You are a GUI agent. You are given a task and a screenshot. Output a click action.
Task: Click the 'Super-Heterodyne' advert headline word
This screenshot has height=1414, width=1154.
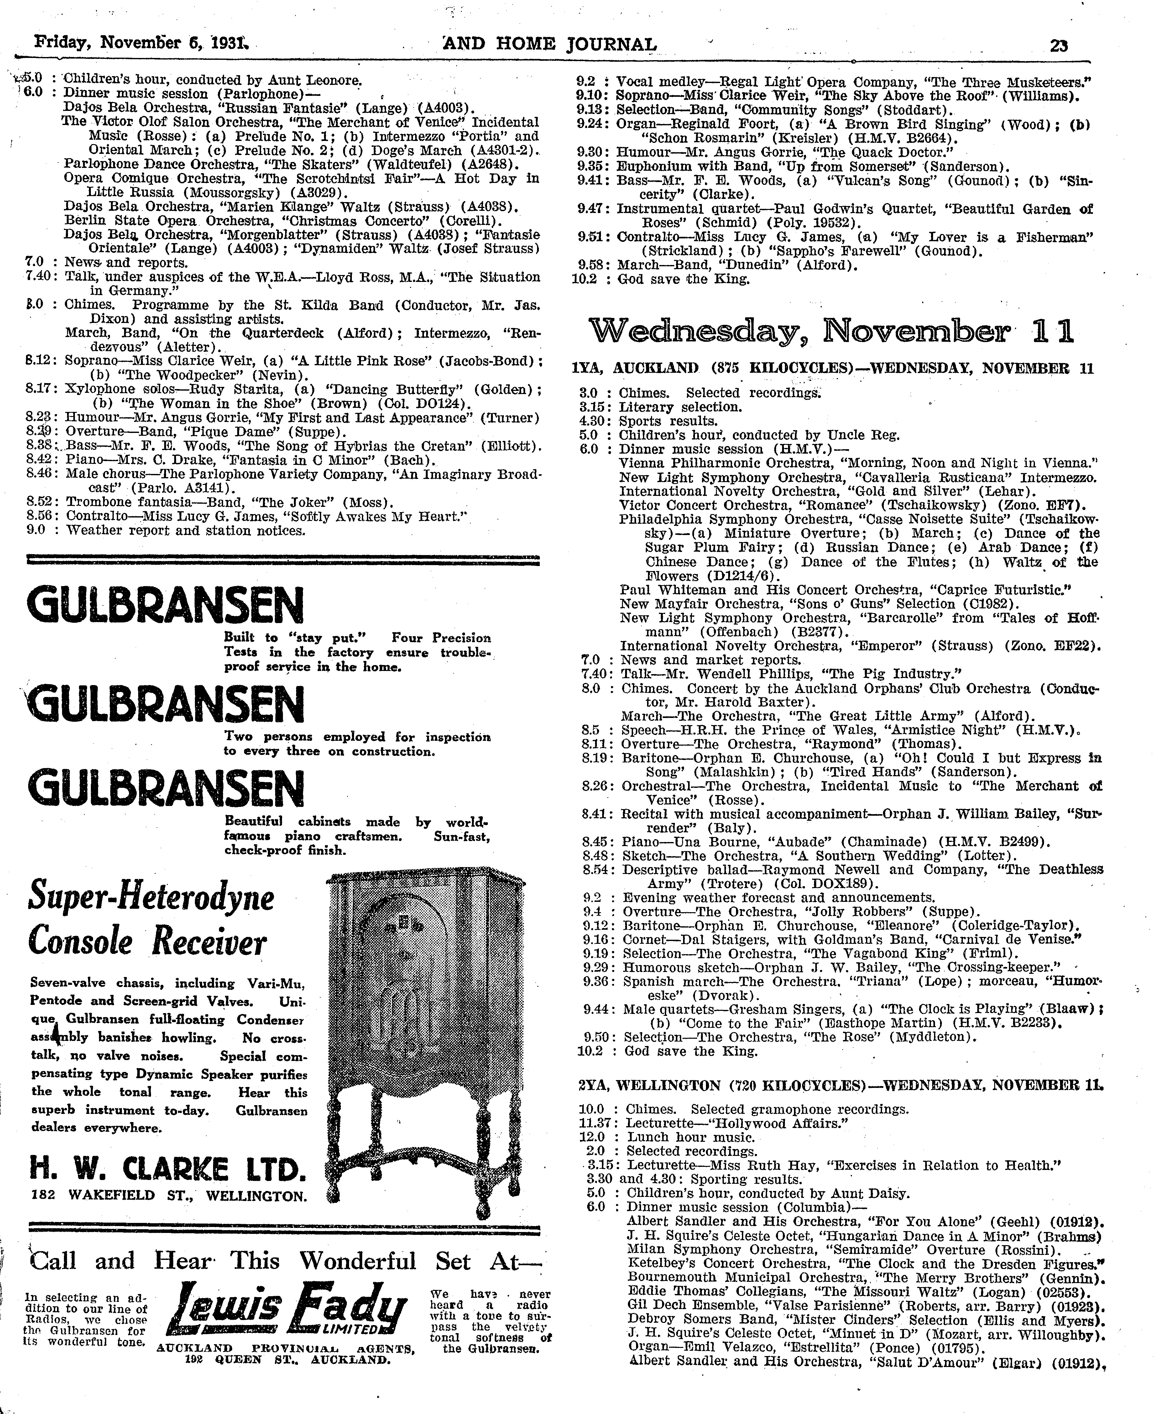pos(151,898)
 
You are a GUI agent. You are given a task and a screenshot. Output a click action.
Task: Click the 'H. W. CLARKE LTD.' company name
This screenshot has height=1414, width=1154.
pos(168,1167)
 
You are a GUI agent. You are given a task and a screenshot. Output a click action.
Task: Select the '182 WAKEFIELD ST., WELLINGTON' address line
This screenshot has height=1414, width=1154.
pos(170,1195)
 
